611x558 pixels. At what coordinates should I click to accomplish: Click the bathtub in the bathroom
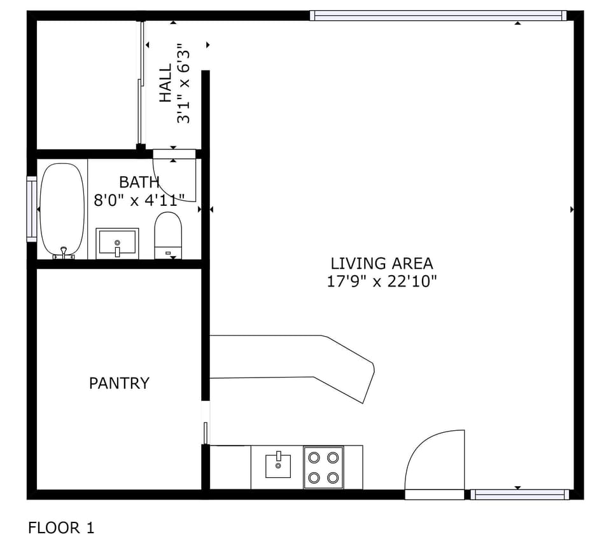pos(62,210)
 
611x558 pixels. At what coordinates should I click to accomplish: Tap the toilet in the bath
pos(169,235)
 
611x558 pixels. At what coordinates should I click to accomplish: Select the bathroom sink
pos(117,243)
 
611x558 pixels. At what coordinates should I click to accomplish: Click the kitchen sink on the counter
pos(278,465)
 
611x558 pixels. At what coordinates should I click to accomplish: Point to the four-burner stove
pos(323,467)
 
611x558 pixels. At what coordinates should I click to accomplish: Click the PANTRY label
pos(119,383)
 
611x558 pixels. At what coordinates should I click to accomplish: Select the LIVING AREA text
pos(381,263)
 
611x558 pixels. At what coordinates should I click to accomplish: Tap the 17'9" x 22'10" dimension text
pos(381,282)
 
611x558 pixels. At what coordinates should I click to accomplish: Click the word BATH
pos(139,182)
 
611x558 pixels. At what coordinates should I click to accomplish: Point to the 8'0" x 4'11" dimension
pos(139,200)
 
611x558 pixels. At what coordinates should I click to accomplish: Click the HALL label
pos(165,83)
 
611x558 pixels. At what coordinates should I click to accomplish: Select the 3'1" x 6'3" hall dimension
pos(184,83)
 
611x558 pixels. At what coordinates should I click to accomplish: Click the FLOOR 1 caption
pos(61,527)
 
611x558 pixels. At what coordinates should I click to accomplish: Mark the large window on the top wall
pos(438,15)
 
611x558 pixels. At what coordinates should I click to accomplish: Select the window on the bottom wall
pos(519,494)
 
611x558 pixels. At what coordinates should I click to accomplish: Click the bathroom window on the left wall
pos(31,209)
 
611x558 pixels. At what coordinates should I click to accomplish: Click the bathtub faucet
pos(64,253)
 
